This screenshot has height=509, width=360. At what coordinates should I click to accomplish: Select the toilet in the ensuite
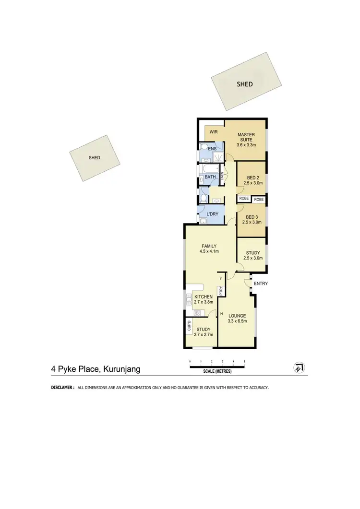[203, 147]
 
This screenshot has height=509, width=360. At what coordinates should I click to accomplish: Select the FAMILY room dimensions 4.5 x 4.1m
[209, 251]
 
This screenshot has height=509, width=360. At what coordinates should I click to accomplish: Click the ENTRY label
[261, 284]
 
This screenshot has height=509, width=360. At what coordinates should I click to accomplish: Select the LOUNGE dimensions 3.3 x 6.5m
[237, 321]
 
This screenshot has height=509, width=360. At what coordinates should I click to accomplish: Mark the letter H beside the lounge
[221, 314]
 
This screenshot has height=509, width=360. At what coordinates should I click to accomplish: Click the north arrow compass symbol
[300, 367]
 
